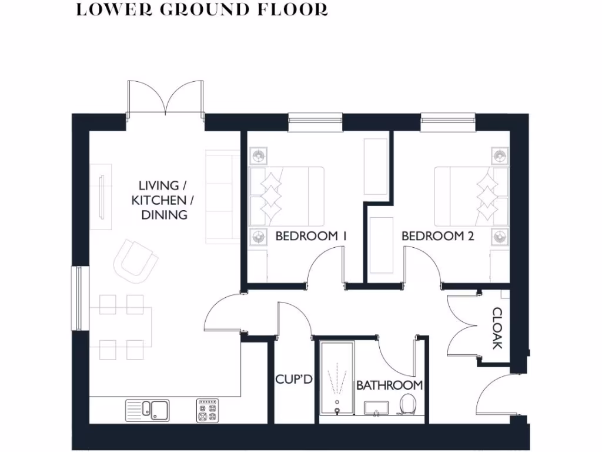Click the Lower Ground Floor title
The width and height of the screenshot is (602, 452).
pos(202,10)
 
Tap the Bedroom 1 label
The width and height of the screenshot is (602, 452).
pos(311,236)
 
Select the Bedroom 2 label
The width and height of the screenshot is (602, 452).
pos(437,236)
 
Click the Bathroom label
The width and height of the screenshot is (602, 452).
pos(389,385)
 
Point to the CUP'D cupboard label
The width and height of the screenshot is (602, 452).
pos(293,380)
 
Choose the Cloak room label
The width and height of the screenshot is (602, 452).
pos(497,328)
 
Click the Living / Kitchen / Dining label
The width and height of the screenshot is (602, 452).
pos(163,201)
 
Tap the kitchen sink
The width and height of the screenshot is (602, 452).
pos(148,409)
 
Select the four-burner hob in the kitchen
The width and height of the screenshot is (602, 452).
pos(208,409)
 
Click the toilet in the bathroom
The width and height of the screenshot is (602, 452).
pos(407,404)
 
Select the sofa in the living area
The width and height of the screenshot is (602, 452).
pos(222,197)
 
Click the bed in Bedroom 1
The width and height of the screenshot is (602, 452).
pos(287,197)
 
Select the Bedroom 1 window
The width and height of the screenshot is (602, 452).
pos(315,121)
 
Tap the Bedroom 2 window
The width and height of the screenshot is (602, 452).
pos(448,121)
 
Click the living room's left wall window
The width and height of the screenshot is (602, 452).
pos(76,298)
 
